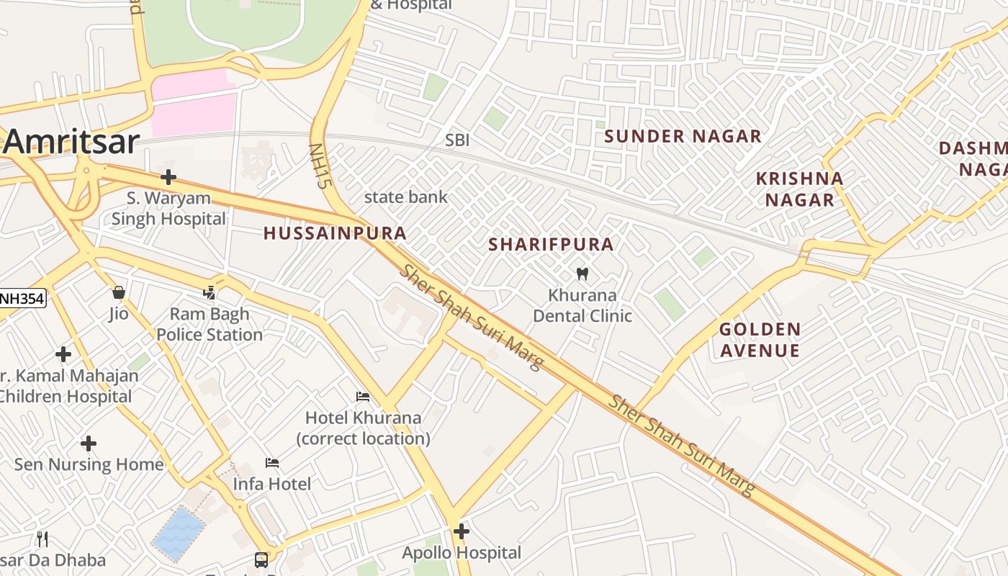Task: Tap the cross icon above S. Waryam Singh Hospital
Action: click(x=168, y=177)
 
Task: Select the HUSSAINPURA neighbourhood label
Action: click(x=335, y=233)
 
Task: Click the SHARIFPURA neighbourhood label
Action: click(x=551, y=245)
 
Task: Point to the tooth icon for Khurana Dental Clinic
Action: click(x=583, y=274)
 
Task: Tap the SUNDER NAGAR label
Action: click(x=683, y=136)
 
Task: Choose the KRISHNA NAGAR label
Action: click(x=799, y=189)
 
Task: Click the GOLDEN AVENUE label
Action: click(x=760, y=340)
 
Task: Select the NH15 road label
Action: click(x=318, y=166)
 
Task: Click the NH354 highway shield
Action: click(x=22, y=297)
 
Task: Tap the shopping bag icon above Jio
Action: click(x=119, y=292)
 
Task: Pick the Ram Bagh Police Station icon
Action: click(x=210, y=292)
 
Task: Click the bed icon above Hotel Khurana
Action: click(x=363, y=397)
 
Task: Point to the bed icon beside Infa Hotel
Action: click(x=272, y=462)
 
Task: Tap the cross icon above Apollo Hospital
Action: click(x=462, y=531)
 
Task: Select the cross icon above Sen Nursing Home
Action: click(x=89, y=443)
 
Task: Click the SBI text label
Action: click(x=457, y=140)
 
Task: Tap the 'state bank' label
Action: click(x=405, y=197)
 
